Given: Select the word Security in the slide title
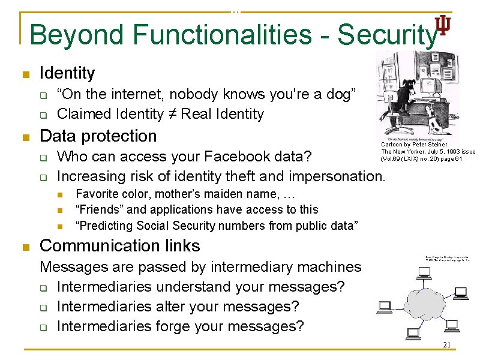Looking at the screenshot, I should tap(386, 35).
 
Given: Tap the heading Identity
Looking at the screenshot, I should tap(67, 73).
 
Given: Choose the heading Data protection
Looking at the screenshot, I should tap(98, 136).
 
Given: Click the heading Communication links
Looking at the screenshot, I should tap(119, 245).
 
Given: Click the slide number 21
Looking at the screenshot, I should tap(446, 345).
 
